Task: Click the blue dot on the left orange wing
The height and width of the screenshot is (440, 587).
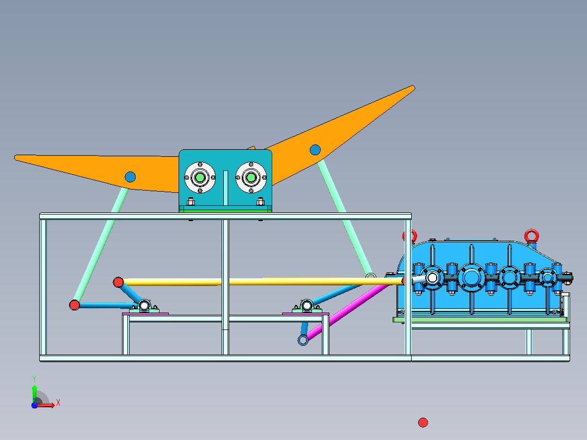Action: coord(130,177)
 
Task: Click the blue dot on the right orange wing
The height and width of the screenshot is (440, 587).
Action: coord(315,150)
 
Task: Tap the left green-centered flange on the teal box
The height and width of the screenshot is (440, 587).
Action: coord(200,177)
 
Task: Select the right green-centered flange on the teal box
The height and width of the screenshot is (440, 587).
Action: coord(251,177)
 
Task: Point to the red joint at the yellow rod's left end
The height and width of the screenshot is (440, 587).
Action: coord(118,282)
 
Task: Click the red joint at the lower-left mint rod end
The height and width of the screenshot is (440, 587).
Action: coord(75,305)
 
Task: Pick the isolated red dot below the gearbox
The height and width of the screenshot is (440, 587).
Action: coord(423,423)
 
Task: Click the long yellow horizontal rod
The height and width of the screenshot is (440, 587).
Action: coord(262,282)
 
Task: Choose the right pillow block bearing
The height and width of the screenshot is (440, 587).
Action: coord(307,306)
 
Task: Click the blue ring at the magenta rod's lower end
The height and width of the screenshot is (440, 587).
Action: coord(303,340)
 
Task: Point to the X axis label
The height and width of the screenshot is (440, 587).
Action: coord(58,403)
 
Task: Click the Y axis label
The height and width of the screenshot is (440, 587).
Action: coord(34,379)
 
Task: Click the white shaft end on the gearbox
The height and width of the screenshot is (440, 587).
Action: coord(432,278)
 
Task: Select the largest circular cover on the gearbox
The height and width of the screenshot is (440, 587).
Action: coord(472,278)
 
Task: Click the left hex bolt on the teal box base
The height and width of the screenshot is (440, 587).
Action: coord(191,201)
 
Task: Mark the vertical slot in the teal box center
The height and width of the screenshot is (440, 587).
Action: coord(225,188)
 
